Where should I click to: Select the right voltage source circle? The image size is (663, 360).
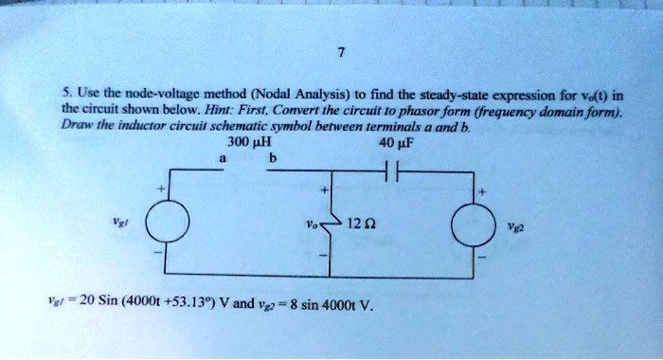click(x=471, y=227)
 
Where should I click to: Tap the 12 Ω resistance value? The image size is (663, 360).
click(x=358, y=226)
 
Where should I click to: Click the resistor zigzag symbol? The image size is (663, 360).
click(x=327, y=227)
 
